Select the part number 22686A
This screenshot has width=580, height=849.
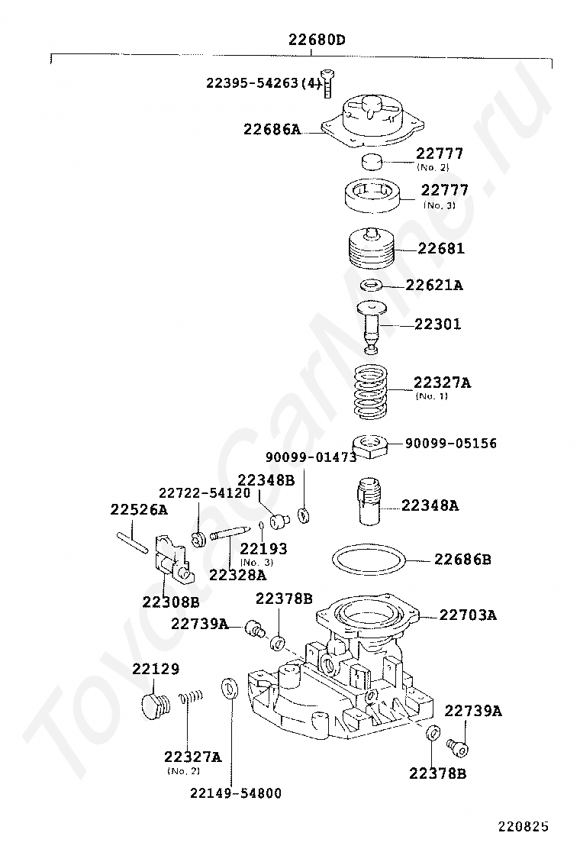272,129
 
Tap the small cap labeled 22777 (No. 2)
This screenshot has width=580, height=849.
372,161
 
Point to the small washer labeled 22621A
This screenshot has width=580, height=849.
373,285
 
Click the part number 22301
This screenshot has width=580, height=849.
437,324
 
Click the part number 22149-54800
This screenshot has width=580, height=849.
236,793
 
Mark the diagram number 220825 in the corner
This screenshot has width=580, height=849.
524,826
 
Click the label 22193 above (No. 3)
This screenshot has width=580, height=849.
263,548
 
